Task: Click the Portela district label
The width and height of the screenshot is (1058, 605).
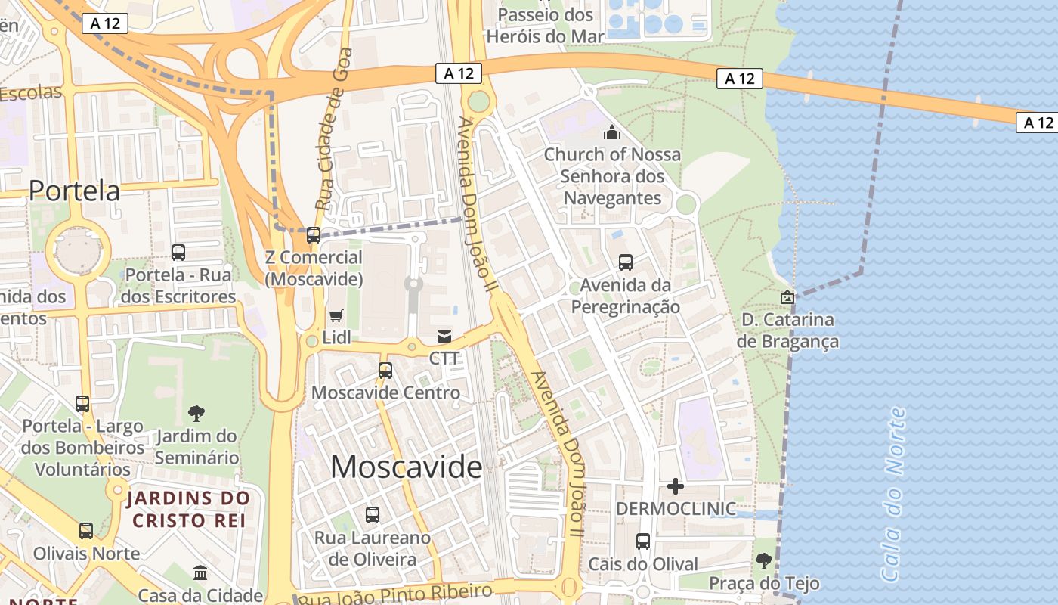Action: point(74,191)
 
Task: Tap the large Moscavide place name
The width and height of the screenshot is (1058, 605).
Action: point(406,467)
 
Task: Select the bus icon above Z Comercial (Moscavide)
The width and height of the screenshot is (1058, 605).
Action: point(313,235)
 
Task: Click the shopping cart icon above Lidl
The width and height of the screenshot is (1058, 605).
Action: point(336,315)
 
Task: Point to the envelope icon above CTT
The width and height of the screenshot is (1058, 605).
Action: point(444,336)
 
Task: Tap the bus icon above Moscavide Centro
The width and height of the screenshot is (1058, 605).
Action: point(385,371)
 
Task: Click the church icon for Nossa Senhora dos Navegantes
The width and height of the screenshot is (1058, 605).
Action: point(612,133)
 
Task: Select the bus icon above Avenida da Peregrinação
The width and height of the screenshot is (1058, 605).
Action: point(626,262)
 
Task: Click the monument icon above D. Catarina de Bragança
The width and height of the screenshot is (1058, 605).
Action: point(787,297)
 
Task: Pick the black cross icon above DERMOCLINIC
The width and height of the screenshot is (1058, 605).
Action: point(676,486)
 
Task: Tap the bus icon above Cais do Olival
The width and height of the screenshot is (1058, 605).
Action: point(643,541)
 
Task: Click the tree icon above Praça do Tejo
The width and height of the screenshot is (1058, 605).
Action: point(763,561)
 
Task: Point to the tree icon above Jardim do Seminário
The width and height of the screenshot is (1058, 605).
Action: point(196,413)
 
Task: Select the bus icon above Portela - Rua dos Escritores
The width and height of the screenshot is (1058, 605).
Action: point(178,253)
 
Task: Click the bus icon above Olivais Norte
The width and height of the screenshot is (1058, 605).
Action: point(86,531)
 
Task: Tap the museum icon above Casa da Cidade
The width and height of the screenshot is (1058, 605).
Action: point(200,573)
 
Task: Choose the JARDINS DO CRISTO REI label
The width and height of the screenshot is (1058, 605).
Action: point(188,509)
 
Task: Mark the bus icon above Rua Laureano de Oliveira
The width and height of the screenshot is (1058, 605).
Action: point(373,515)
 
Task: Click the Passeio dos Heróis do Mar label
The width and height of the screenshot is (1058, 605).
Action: point(545,25)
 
